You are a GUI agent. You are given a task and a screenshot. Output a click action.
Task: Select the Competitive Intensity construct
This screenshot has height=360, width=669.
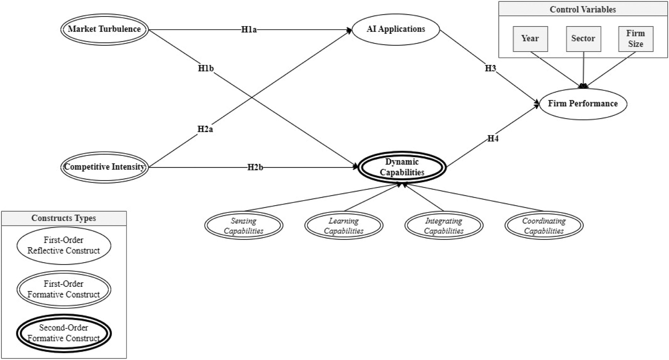pos(104,167)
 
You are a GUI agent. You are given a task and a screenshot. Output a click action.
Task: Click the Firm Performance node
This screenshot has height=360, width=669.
pos(583,104)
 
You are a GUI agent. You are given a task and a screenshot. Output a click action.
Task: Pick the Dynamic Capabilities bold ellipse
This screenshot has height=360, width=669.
pos(402,167)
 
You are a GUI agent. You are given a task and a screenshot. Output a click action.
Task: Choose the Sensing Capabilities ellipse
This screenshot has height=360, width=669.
pos(244,225)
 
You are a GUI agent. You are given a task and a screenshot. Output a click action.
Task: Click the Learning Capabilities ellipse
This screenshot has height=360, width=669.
pos(344,225)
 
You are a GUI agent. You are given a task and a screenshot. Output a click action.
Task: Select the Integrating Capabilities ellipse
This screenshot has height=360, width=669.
pos(444,225)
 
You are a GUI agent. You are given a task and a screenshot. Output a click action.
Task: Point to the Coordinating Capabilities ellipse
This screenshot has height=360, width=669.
pos(544,225)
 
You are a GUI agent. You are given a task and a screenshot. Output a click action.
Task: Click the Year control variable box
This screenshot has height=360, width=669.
pos(530,39)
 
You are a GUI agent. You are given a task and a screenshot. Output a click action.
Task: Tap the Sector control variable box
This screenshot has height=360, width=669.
pos(583,39)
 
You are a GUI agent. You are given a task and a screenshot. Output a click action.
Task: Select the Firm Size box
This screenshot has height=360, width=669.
pos(636,39)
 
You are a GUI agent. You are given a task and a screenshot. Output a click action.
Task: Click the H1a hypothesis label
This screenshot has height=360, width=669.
pos(249,30)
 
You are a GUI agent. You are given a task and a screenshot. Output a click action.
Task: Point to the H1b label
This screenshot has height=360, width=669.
pos(206,68)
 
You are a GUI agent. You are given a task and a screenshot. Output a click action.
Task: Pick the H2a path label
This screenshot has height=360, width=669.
pos(205,129)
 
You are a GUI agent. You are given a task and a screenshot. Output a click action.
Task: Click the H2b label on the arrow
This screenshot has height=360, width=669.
pos(255,167)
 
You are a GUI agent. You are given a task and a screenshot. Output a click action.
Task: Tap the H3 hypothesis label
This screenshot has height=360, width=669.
pos(490,68)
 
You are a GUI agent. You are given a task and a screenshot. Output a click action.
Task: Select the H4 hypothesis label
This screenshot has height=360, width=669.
pos(493,139)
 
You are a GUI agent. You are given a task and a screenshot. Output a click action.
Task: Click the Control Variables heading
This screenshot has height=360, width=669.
pos(583,9)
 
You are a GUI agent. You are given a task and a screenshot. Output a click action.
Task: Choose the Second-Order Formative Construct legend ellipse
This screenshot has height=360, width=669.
pos(64,333)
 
